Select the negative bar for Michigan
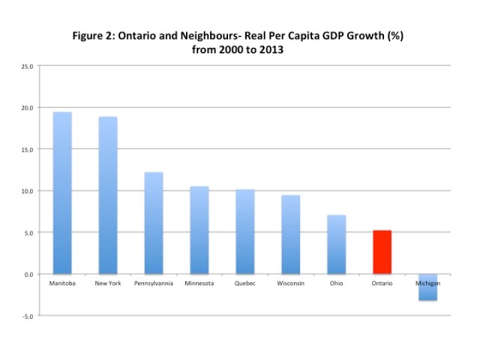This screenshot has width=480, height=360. point(427,287)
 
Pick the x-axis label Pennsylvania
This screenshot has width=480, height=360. point(153,284)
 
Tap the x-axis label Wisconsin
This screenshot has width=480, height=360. point(290,284)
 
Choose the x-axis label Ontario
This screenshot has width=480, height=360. point(382,284)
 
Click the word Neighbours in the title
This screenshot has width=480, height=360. point(250,35)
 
